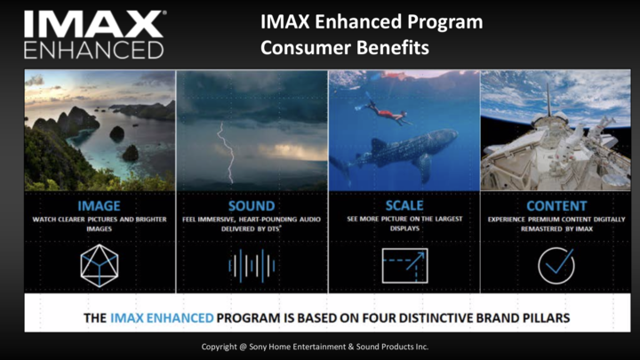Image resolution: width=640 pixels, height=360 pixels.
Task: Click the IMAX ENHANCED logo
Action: coord(95,35)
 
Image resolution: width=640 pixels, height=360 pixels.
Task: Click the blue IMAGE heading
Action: coord(100,205)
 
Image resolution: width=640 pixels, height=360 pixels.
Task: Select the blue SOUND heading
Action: coord(252,205)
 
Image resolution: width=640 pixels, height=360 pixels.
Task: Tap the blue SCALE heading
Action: coord(404,205)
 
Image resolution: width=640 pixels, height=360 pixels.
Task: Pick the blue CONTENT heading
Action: coord(556,205)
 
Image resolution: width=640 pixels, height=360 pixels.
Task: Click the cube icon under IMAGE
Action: coord(100,266)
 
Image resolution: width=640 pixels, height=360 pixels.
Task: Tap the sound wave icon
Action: coord(252,266)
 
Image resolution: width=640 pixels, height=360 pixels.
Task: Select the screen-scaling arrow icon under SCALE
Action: coord(405,266)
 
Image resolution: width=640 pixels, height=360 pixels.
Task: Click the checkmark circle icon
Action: coord(556,266)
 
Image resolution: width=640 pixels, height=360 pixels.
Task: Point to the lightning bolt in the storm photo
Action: coord(227,152)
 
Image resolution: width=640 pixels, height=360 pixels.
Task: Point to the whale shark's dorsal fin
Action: coord(379,145)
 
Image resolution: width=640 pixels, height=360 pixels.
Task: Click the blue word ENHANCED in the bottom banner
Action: coord(180,318)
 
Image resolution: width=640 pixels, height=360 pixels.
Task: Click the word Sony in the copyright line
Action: coord(258,347)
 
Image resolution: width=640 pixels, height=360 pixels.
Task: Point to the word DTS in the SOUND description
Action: coord(274,229)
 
